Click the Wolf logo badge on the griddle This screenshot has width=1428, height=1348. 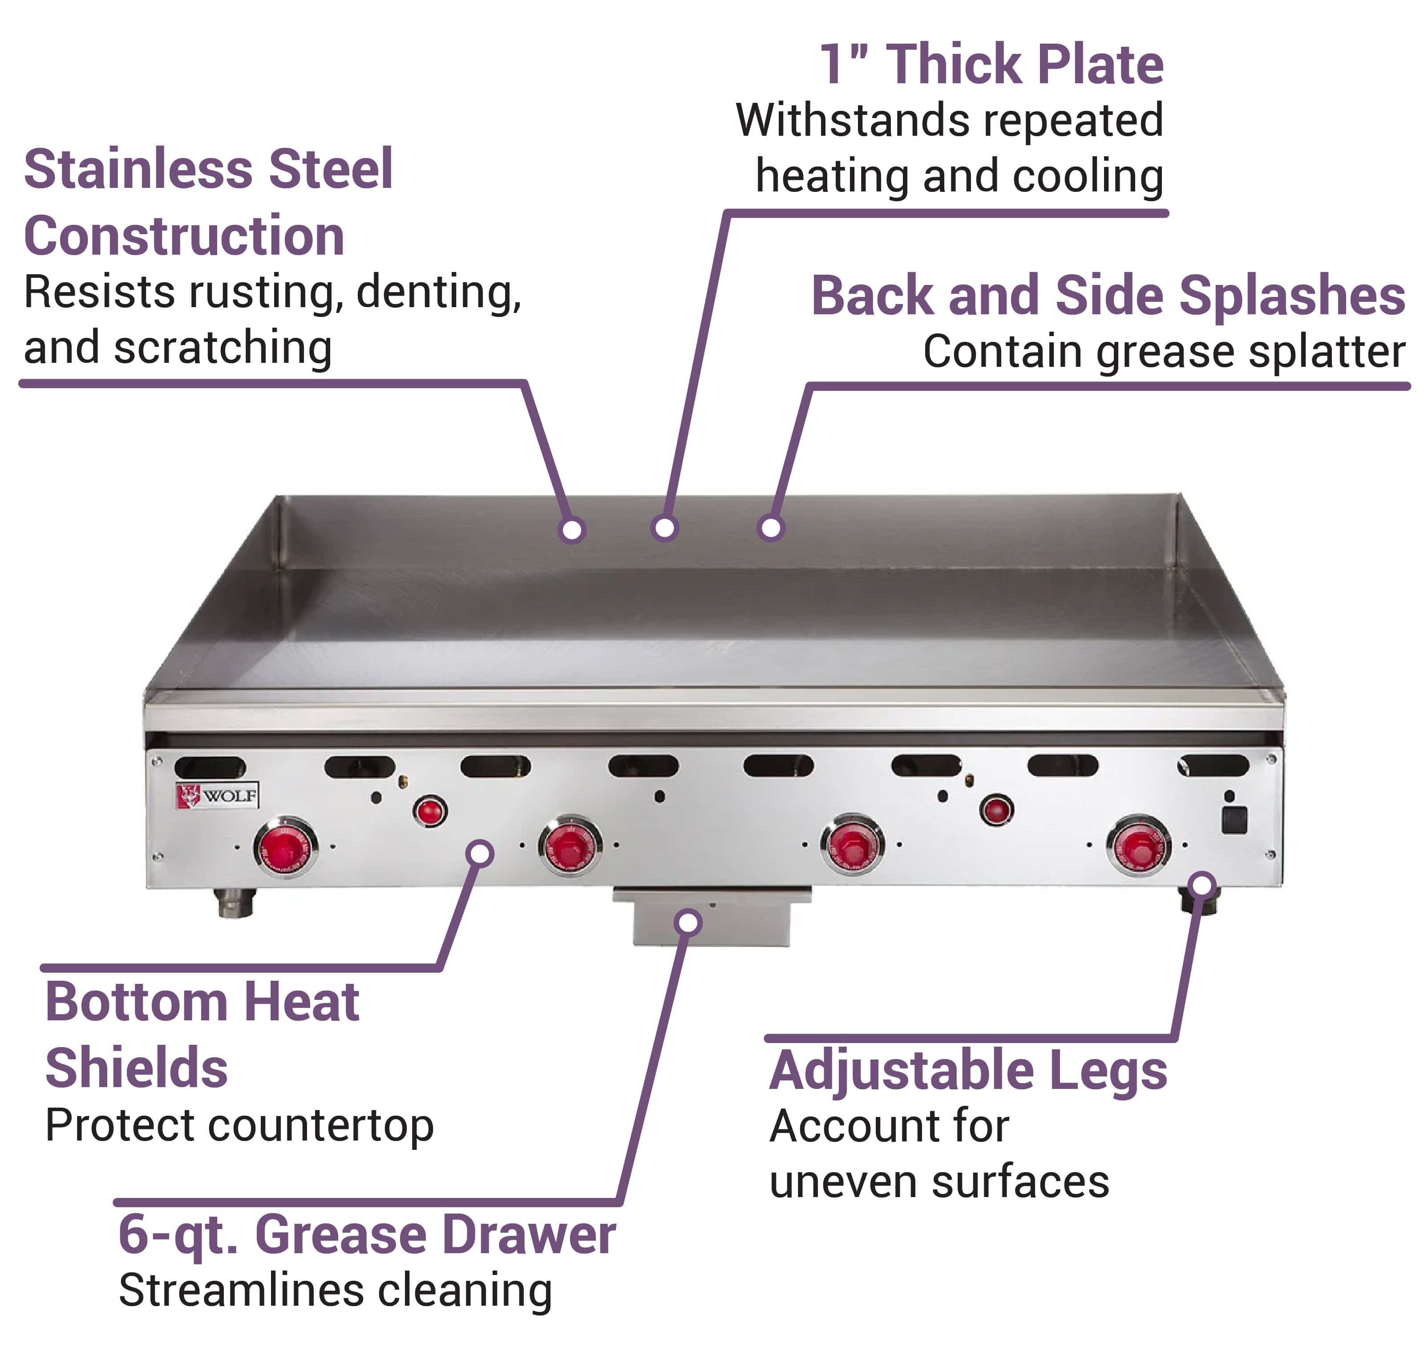click(x=217, y=796)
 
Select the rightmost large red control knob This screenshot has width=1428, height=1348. click(x=1138, y=846)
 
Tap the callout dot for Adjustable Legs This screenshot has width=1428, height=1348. click(x=1203, y=885)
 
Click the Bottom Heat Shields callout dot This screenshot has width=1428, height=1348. click(x=480, y=854)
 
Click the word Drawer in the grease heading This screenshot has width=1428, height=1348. click(x=529, y=1235)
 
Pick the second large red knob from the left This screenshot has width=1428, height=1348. click(x=571, y=846)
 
